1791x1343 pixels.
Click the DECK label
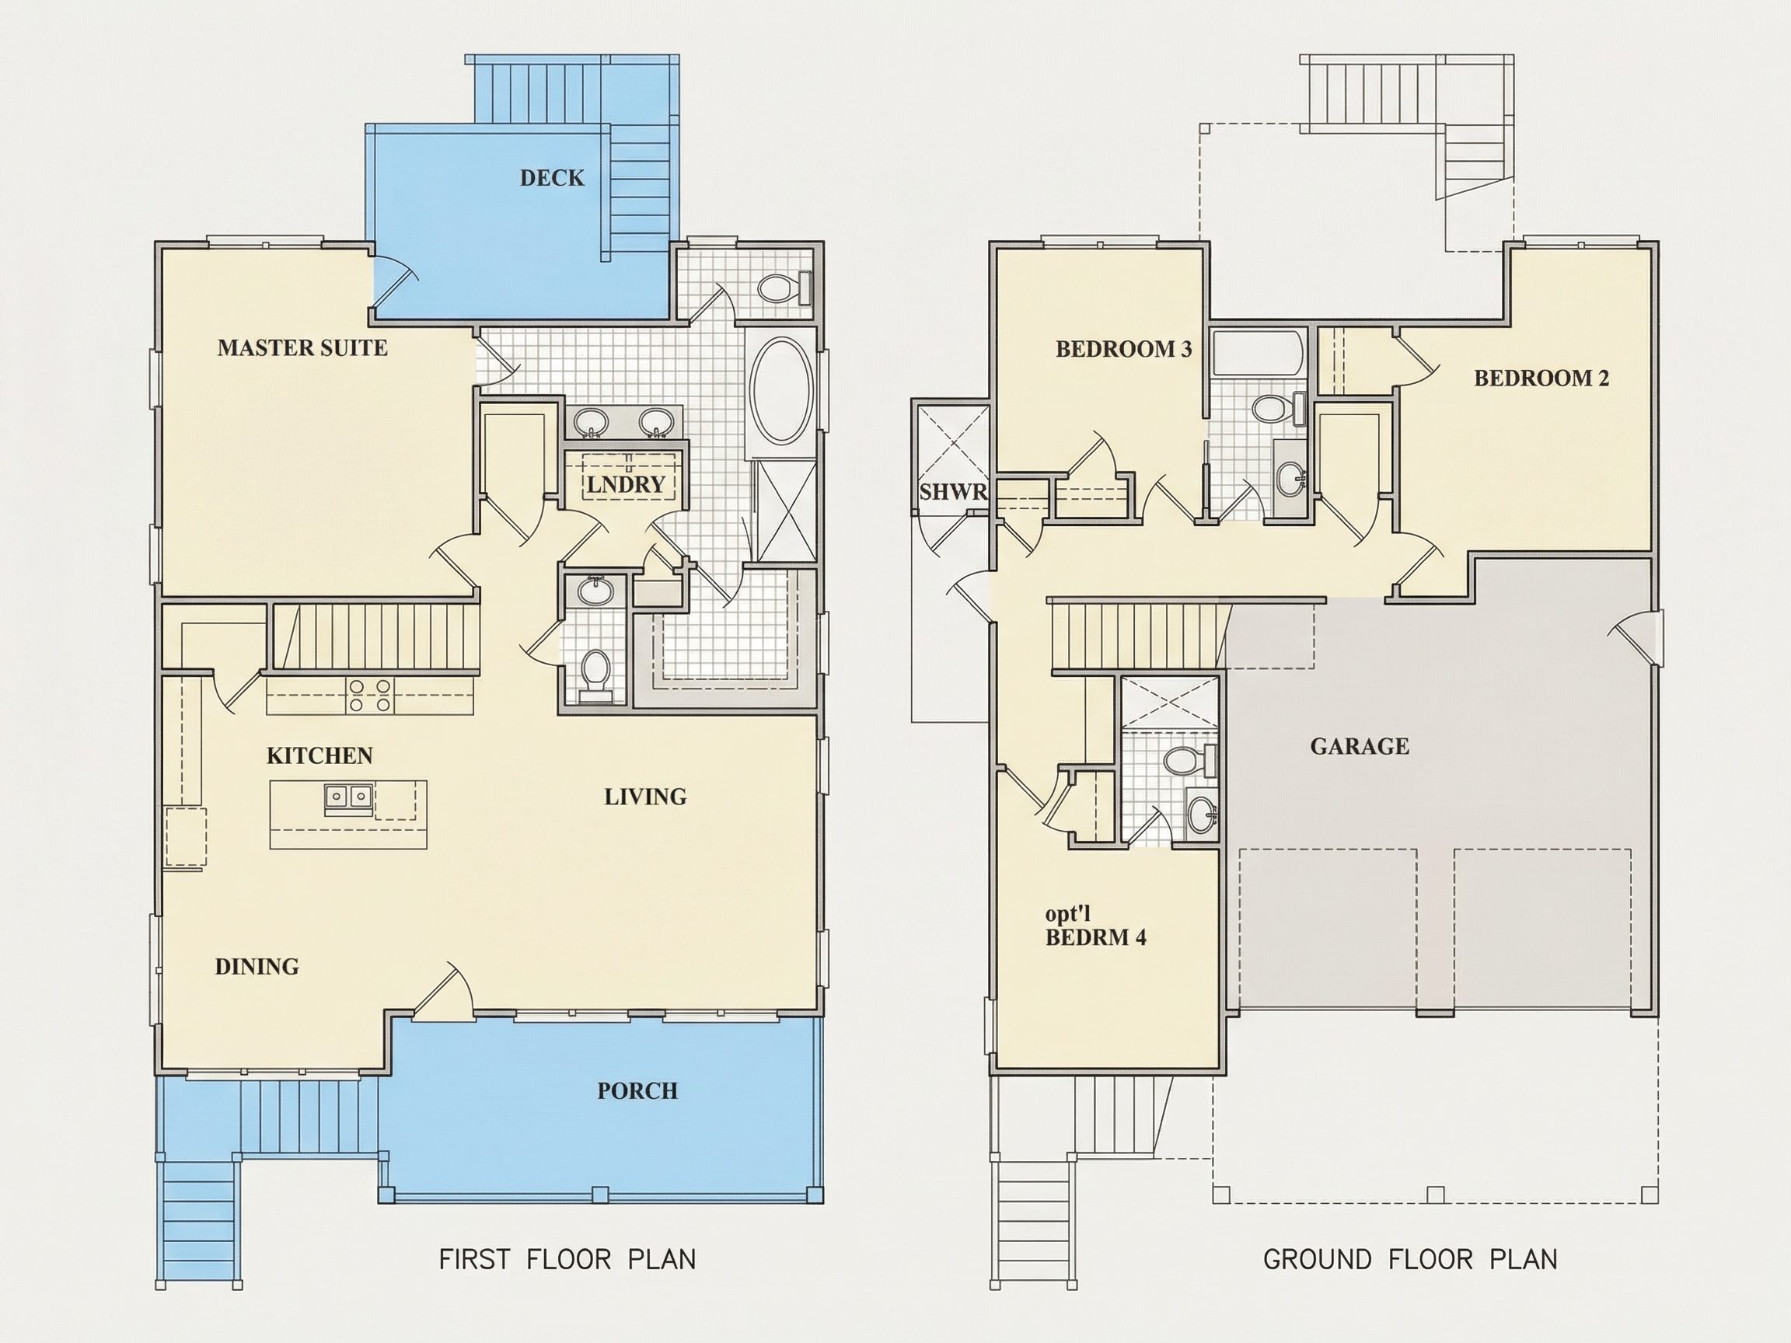click(551, 178)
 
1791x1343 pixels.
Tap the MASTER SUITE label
click(302, 348)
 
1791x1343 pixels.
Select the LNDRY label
click(625, 485)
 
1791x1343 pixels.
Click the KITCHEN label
click(319, 756)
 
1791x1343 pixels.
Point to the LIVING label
click(645, 797)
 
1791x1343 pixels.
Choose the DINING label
click(257, 967)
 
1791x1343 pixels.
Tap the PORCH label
click(637, 1091)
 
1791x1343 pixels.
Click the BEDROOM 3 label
click(1123, 349)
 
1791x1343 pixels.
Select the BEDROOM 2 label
click(1541, 378)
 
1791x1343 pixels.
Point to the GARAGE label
click(1360, 746)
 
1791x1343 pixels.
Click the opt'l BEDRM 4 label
click(1095, 926)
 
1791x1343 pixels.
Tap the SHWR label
click(953, 492)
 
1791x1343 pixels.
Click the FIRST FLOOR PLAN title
click(567, 1260)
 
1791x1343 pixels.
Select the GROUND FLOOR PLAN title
click(1409, 1260)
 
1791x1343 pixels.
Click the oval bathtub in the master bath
click(780, 390)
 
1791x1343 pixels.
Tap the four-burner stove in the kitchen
click(371, 696)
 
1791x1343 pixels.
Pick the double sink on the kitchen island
click(349, 798)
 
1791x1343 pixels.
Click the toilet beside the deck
click(784, 288)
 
